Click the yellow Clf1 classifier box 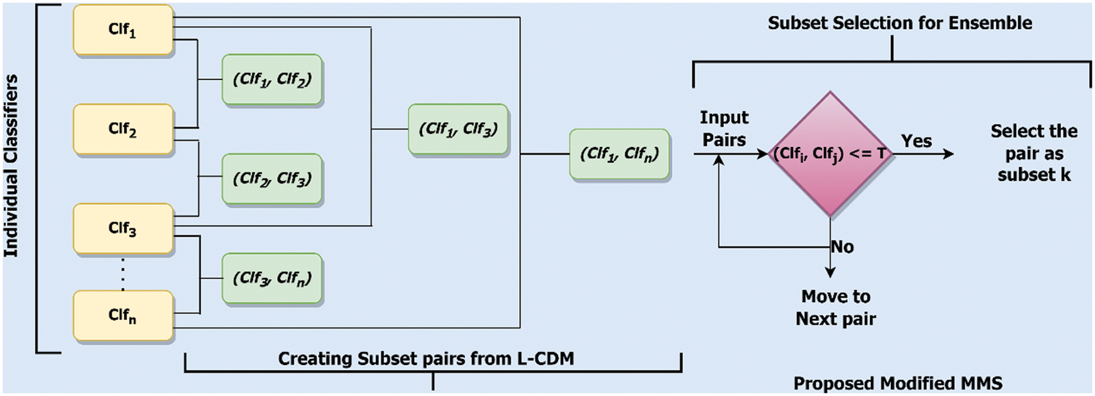(x=123, y=30)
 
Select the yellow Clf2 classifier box (x=123, y=129)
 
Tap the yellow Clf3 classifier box (x=123, y=229)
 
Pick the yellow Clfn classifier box (x=123, y=316)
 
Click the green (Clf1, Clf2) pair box (x=272, y=80)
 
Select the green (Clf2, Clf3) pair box (x=272, y=179)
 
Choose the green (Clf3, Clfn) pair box (x=272, y=278)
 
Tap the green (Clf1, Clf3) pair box (x=458, y=129)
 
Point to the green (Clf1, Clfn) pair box (x=620, y=154)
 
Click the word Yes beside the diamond (x=916, y=141)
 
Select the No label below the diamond (x=843, y=247)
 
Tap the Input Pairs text (x=724, y=129)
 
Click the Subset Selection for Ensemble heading (x=900, y=23)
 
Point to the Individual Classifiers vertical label (x=12, y=166)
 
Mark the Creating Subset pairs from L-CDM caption (x=426, y=358)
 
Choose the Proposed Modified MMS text (x=898, y=383)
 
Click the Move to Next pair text (x=836, y=308)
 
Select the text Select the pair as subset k (x=1034, y=154)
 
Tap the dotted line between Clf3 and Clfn (x=123, y=274)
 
